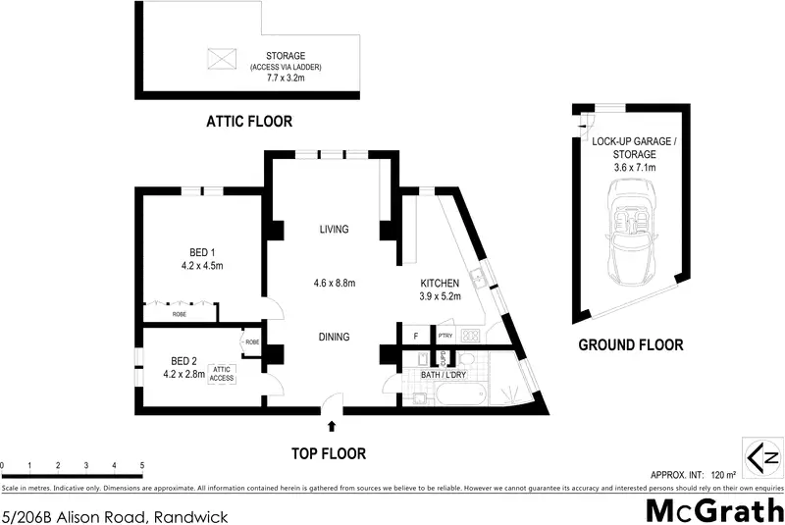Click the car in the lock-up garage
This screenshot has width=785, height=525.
[x=628, y=236]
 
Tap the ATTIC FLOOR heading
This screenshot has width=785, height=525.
[x=249, y=122]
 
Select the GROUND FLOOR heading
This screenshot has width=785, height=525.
[x=630, y=344]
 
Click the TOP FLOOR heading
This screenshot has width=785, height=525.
[x=329, y=453]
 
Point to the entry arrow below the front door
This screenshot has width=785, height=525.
[x=332, y=426]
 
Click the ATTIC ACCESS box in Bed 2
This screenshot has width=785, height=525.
[x=222, y=374]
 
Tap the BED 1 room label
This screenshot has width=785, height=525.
[x=203, y=251]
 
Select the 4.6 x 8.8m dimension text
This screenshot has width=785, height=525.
[x=334, y=283]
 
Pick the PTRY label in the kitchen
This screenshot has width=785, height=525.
[x=445, y=337]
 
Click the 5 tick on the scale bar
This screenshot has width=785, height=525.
[x=142, y=465]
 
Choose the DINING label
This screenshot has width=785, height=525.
[x=334, y=337]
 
